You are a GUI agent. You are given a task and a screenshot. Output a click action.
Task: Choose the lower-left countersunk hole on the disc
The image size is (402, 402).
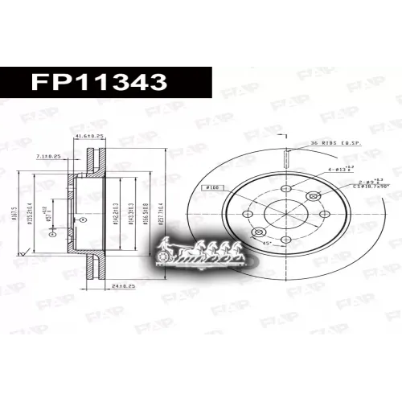click(x=259, y=232)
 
